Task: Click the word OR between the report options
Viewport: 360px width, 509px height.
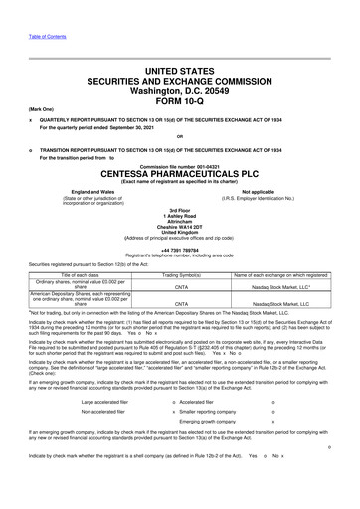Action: click(x=180, y=136)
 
